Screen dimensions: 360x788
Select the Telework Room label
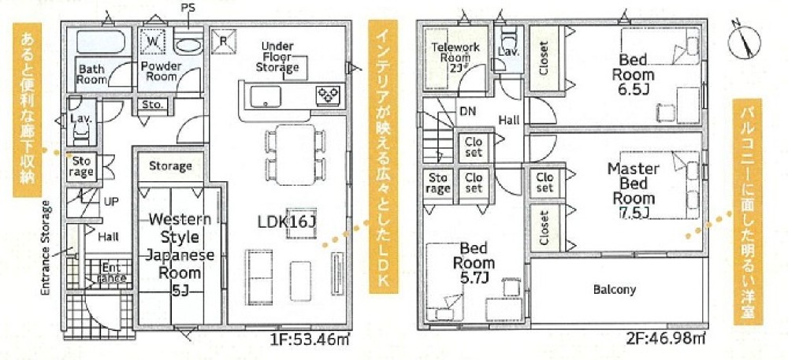coord(455,56)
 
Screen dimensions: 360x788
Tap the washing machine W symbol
coord(153,39)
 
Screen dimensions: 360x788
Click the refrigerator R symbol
coord(224,41)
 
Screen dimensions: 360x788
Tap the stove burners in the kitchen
coord(327,95)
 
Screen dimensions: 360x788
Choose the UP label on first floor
coord(111,202)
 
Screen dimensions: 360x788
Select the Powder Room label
coord(160,71)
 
